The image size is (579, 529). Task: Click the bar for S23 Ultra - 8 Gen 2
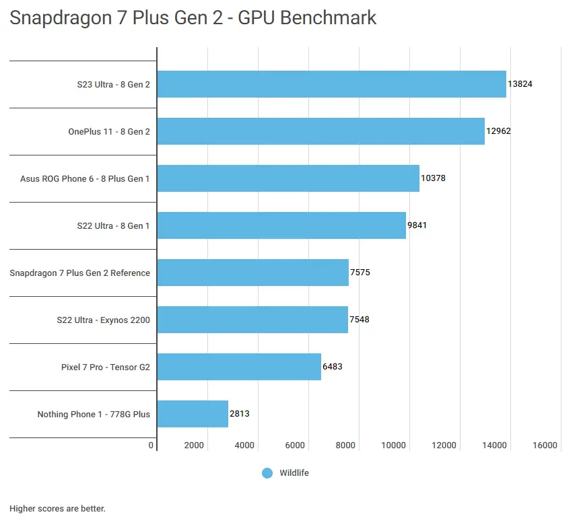click(x=331, y=84)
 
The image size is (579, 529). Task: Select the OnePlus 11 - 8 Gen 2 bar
click(x=320, y=131)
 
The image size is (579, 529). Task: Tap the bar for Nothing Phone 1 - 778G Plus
click(x=193, y=414)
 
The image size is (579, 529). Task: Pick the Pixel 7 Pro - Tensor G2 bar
click(x=239, y=367)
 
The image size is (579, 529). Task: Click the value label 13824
click(x=520, y=84)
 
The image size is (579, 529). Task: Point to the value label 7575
click(x=360, y=273)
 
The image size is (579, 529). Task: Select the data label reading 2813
click(x=240, y=414)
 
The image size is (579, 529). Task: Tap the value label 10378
click(x=433, y=178)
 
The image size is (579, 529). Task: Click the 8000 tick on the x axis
click(x=345, y=445)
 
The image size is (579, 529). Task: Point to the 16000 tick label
click(x=545, y=445)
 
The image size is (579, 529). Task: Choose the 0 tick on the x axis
click(x=151, y=445)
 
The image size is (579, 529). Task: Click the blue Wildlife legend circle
click(x=267, y=473)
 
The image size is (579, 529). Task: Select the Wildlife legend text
click(x=294, y=473)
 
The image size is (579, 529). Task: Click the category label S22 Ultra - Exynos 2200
click(x=103, y=320)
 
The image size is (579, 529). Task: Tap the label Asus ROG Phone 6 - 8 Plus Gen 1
click(x=85, y=178)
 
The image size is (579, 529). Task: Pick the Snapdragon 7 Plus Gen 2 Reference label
click(x=79, y=273)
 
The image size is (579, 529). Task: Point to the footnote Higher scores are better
click(x=57, y=509)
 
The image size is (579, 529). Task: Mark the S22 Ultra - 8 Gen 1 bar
click(x=281, y=225)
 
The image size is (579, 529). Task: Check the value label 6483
click(x=333, y=367)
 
